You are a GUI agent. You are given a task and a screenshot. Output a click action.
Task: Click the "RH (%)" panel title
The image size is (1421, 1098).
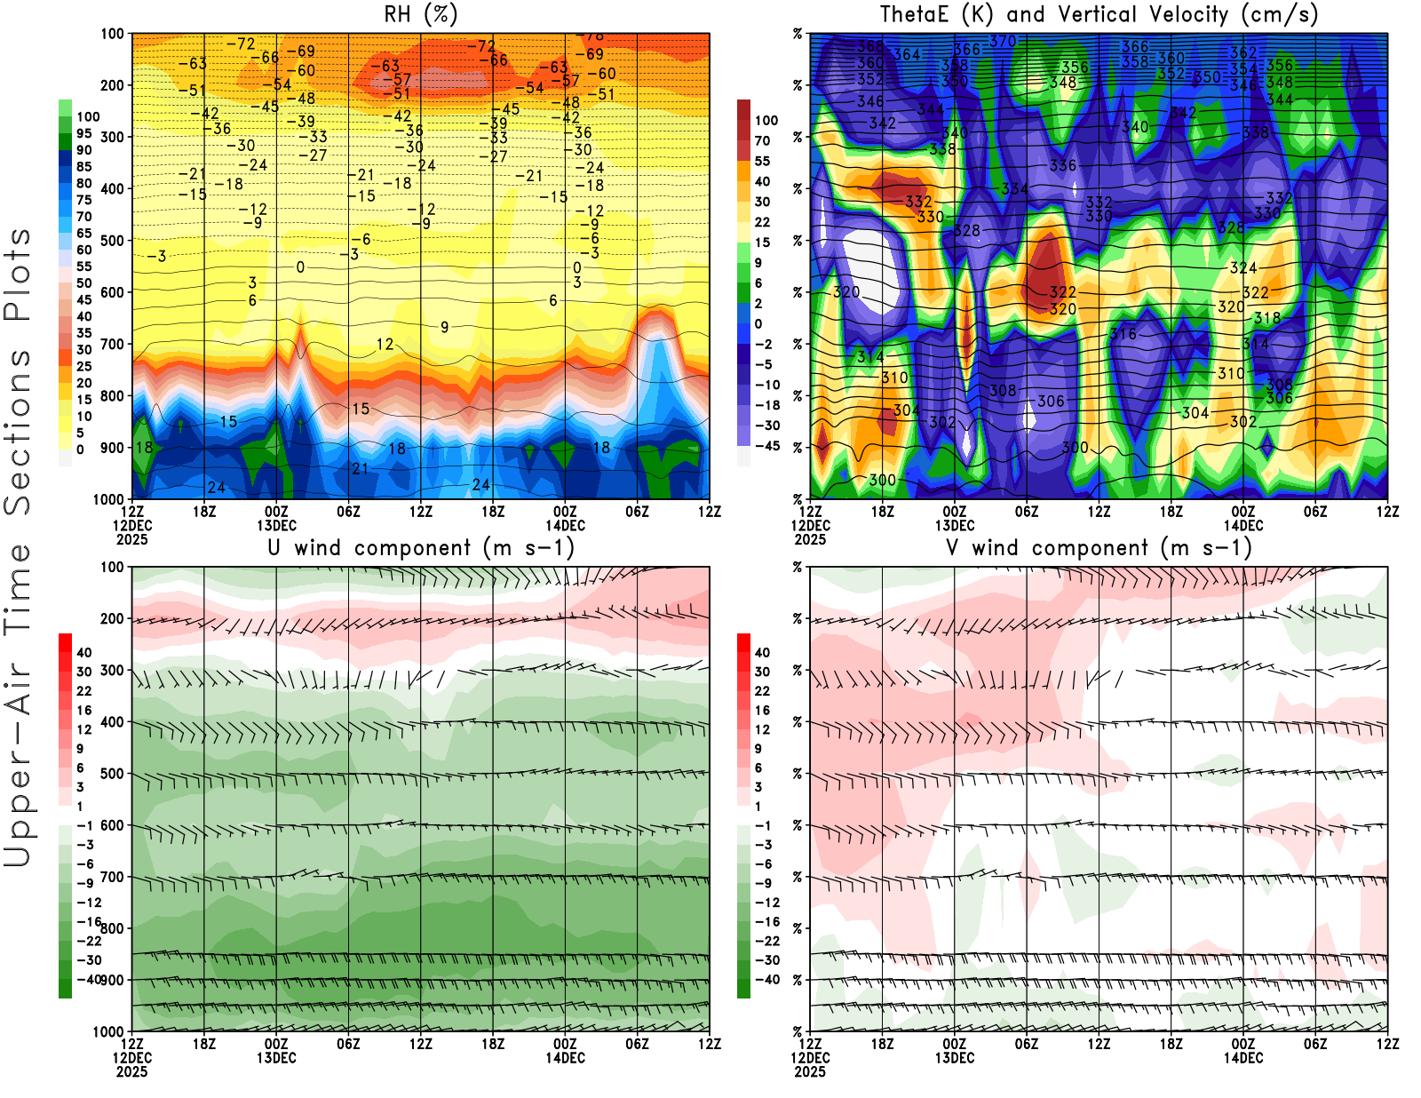420,14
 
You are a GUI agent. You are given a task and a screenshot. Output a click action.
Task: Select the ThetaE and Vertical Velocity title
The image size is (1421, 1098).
1099,14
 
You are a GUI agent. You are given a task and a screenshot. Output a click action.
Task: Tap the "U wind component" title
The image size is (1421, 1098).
420,547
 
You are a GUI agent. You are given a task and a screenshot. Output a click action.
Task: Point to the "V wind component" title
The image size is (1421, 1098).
1099,547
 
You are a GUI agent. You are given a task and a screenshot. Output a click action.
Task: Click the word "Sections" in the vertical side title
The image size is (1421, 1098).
18,431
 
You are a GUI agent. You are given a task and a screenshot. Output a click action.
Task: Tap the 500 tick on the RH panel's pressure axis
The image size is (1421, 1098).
112,241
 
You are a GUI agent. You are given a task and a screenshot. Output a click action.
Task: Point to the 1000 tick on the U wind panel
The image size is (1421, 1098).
108,1031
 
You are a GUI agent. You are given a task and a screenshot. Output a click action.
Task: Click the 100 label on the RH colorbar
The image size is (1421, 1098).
88,116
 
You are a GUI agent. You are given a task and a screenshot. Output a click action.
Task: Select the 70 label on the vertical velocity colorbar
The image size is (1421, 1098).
762,140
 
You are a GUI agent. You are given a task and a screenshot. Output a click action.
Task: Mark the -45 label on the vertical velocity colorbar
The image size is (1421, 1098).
766,446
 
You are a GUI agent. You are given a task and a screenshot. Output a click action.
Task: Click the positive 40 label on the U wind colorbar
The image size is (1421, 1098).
84,652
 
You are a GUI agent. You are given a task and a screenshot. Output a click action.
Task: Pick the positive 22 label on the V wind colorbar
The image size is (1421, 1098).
762,691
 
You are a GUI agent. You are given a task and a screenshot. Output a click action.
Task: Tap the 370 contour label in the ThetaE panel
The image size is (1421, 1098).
1003,41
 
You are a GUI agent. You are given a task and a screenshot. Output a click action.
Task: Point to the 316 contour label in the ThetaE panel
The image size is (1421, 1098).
1123,334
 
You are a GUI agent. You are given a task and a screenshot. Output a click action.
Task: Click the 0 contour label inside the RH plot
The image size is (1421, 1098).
300,267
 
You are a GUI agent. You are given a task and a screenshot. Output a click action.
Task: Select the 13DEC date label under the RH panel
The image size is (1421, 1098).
276,525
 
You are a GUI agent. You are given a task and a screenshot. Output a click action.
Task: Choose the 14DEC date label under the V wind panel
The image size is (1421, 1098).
1242,1058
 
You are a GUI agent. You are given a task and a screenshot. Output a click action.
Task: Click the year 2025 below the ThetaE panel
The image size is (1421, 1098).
810,539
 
